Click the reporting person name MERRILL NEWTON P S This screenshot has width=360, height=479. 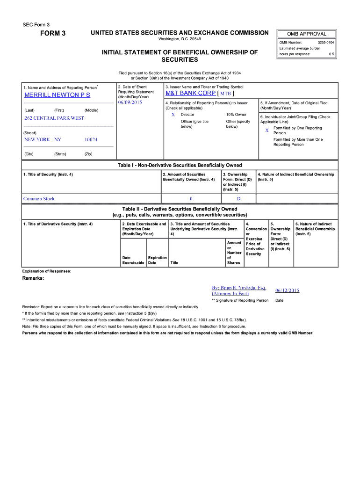[57, 95]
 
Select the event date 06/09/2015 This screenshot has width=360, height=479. [130, 102]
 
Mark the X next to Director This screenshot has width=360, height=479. [173, 115]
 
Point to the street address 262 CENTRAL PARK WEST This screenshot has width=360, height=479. [54, 118]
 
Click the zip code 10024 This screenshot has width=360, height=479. [91, 140]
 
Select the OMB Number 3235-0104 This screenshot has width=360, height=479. [325, 43]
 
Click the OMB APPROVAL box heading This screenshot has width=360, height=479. [307, 34]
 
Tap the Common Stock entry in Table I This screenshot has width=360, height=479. [39, 199]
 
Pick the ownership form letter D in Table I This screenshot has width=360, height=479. [238, 199]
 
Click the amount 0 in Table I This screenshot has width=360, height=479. [191, 199]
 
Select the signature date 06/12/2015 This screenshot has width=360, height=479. [287, 290]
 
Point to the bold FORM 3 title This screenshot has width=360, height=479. [53, 34]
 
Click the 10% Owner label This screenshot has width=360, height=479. [236, 115]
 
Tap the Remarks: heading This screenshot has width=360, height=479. [33, 278]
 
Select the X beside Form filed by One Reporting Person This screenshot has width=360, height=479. [267, 130]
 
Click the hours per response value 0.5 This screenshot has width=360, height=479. [331, 54]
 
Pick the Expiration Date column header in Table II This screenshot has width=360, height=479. [157, 260]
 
